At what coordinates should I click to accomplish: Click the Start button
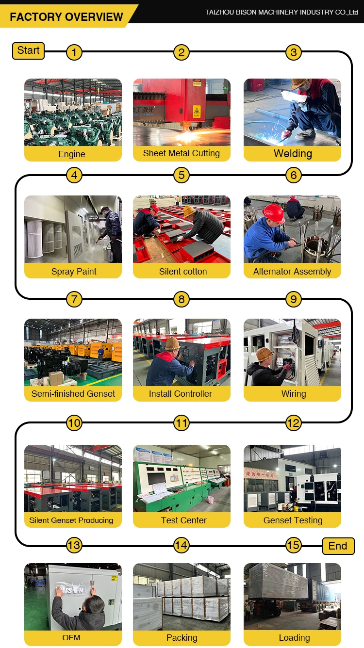(x=28, y=50)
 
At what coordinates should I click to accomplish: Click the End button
(x=338, y=546)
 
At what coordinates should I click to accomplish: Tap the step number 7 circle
(x=74, y=299)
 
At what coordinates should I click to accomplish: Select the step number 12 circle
(x=293, y=423)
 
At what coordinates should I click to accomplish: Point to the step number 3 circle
(x=293, y=52)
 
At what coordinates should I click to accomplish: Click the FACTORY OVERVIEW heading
(x=66, y=17)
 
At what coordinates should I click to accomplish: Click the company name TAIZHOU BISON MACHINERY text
(x=281, y=12)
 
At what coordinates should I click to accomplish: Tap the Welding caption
(x=293, y=154)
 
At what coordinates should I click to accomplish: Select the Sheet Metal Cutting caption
(x=182, y=153)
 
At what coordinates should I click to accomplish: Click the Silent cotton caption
(x=182, y=272)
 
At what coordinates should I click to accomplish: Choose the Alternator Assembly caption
(x=292, y=272)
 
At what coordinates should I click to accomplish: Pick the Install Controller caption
(x=181, y=394)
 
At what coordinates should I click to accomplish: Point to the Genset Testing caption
(x=293, y=520)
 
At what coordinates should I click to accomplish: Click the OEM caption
(x=71, y=637)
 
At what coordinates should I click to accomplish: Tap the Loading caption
(x=294, y=637)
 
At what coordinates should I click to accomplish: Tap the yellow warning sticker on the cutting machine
(x=196, y=110)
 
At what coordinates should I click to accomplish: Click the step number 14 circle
(x=181, y=546)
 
